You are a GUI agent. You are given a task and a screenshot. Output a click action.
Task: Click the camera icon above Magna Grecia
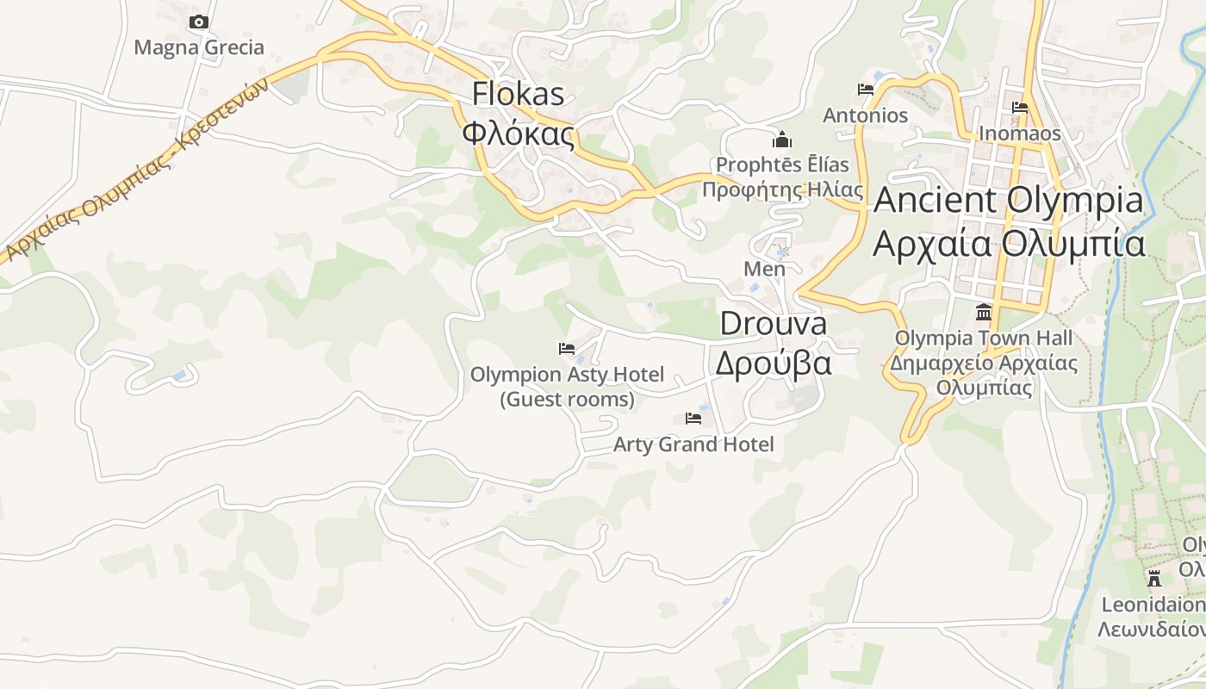(199, 22)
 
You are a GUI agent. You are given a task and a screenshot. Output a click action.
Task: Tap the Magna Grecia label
(199, 47)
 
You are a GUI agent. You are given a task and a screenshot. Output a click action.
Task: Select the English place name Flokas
(518, 94)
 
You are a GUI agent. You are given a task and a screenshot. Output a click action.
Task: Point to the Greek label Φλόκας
(518, 133)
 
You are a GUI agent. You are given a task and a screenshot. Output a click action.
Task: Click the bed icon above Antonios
(866, 90)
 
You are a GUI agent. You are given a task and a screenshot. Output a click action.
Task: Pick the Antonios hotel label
(866, 115)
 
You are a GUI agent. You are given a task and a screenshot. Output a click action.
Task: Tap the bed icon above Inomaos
(1020, 108)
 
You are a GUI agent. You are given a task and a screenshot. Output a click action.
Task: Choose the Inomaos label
(1020, 134)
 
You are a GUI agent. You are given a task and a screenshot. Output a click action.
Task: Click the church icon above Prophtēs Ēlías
(782, 139)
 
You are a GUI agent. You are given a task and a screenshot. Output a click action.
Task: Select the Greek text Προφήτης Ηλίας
(782, 189)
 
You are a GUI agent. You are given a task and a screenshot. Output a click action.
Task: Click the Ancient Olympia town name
(1009, 201)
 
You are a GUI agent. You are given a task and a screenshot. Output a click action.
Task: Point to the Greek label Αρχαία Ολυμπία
(1009, 244)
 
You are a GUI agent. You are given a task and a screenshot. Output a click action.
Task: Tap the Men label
(765, 269)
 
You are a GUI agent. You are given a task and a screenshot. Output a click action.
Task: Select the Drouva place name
(773, 324)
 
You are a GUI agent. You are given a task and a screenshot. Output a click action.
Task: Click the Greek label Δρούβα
(773, 363)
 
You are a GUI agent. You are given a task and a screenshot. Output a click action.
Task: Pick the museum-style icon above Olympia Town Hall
(984, 312)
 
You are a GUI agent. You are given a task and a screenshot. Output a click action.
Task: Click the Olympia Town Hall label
(984, 338)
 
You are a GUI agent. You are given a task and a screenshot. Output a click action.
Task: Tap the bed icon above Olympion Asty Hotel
(567, 349)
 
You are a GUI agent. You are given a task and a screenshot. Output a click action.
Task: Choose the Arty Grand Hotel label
(693, 444)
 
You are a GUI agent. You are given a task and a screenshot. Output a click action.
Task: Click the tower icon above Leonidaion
(1154, 578)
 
